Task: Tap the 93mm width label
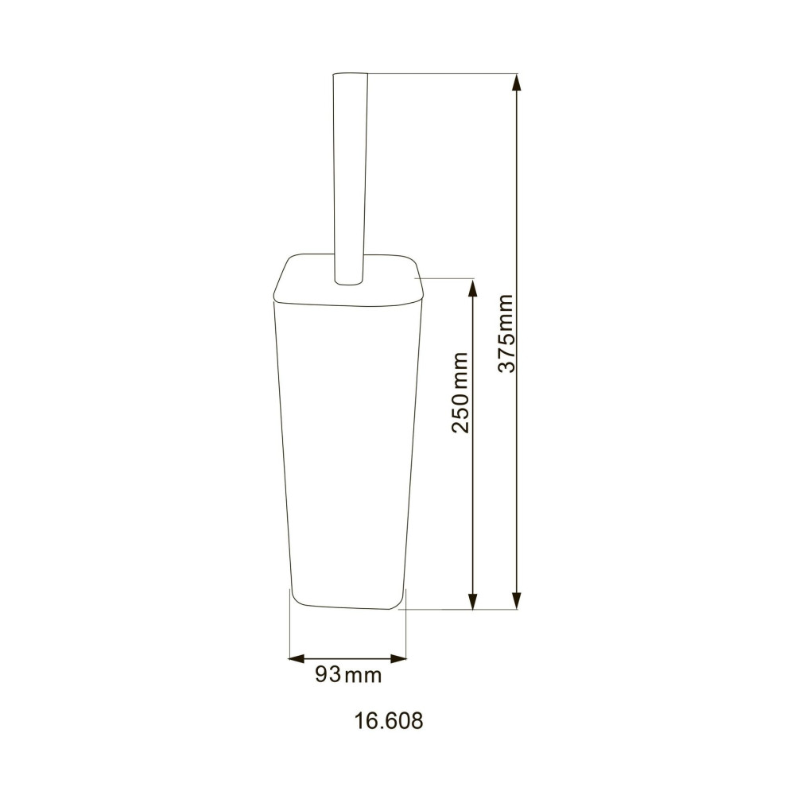(348, 675)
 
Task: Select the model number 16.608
(388, 721)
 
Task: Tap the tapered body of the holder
(347, 445)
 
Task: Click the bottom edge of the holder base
(347, 607)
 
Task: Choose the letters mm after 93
(364, 676)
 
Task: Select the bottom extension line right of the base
(461, 610)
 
